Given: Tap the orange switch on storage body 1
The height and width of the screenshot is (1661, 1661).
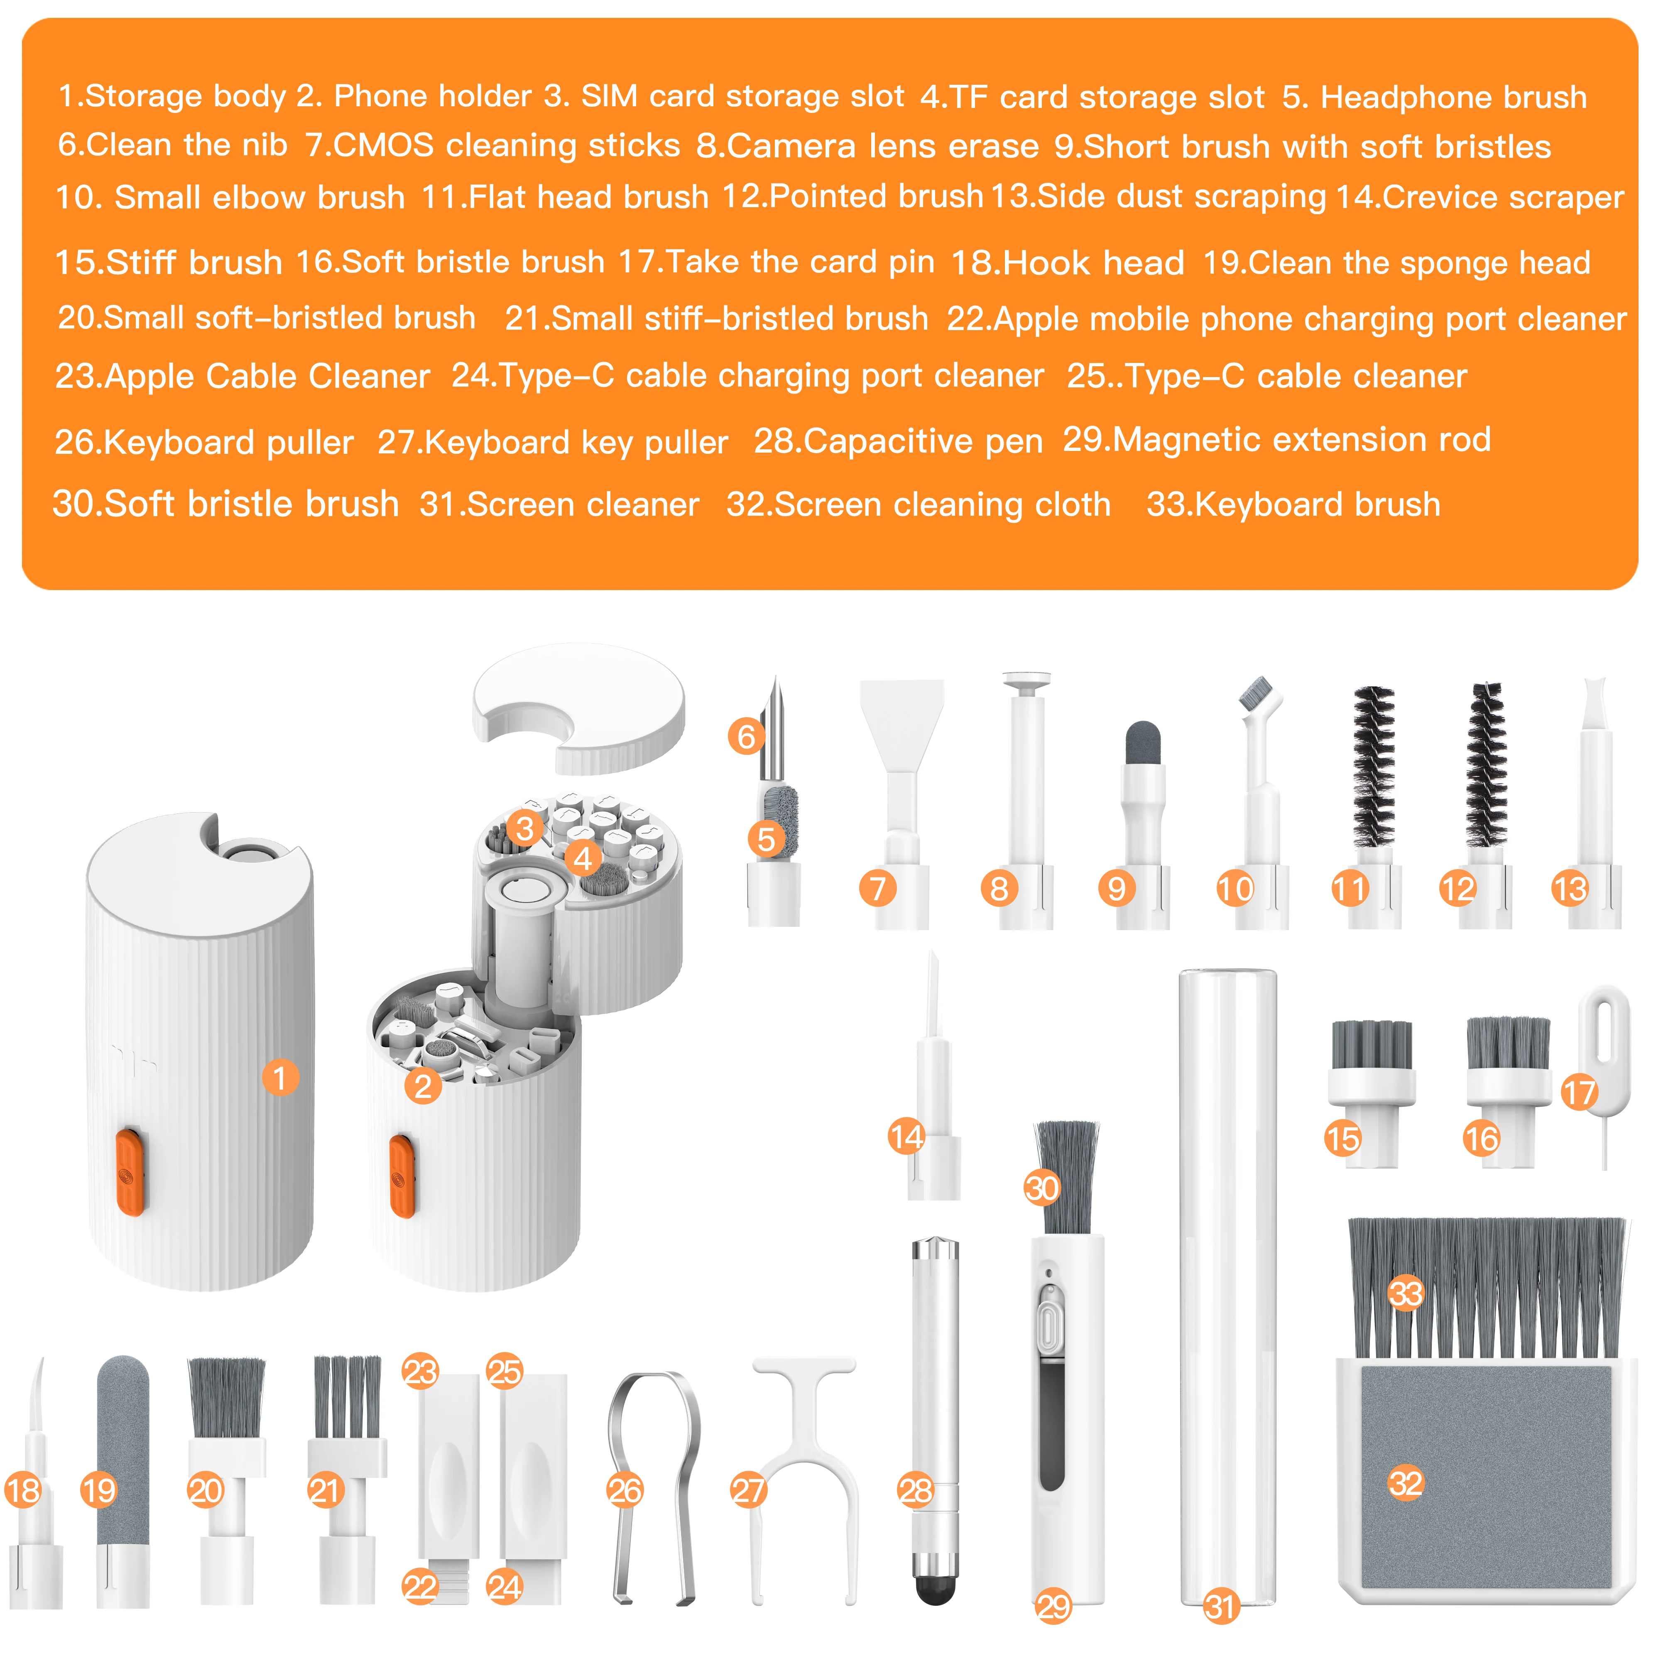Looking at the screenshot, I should tap(130, 1172).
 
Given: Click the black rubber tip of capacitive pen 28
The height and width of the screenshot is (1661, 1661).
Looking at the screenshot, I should tap(935, 1590).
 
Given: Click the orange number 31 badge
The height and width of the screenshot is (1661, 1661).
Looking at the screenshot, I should tap(1220, 1606).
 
